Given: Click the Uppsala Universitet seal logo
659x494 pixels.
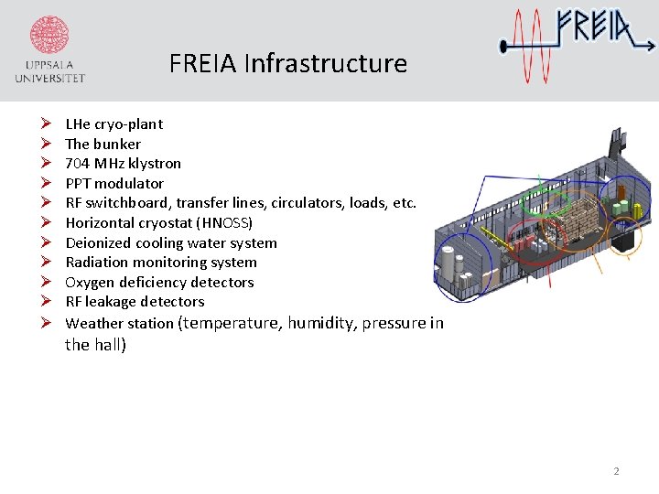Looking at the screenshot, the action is (x=49, y=37).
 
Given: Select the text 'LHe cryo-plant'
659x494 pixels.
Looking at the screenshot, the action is (x=114, y=124).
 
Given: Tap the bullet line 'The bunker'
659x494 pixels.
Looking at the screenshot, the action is (x=103, y=144).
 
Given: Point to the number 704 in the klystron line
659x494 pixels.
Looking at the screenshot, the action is (x=76, y=164).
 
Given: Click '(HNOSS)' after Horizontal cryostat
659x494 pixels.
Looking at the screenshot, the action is (x=223, y=222).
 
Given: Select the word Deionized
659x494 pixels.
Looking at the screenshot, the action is (x=98, y=242).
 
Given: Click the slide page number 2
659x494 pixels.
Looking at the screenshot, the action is (x=616, y=471).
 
